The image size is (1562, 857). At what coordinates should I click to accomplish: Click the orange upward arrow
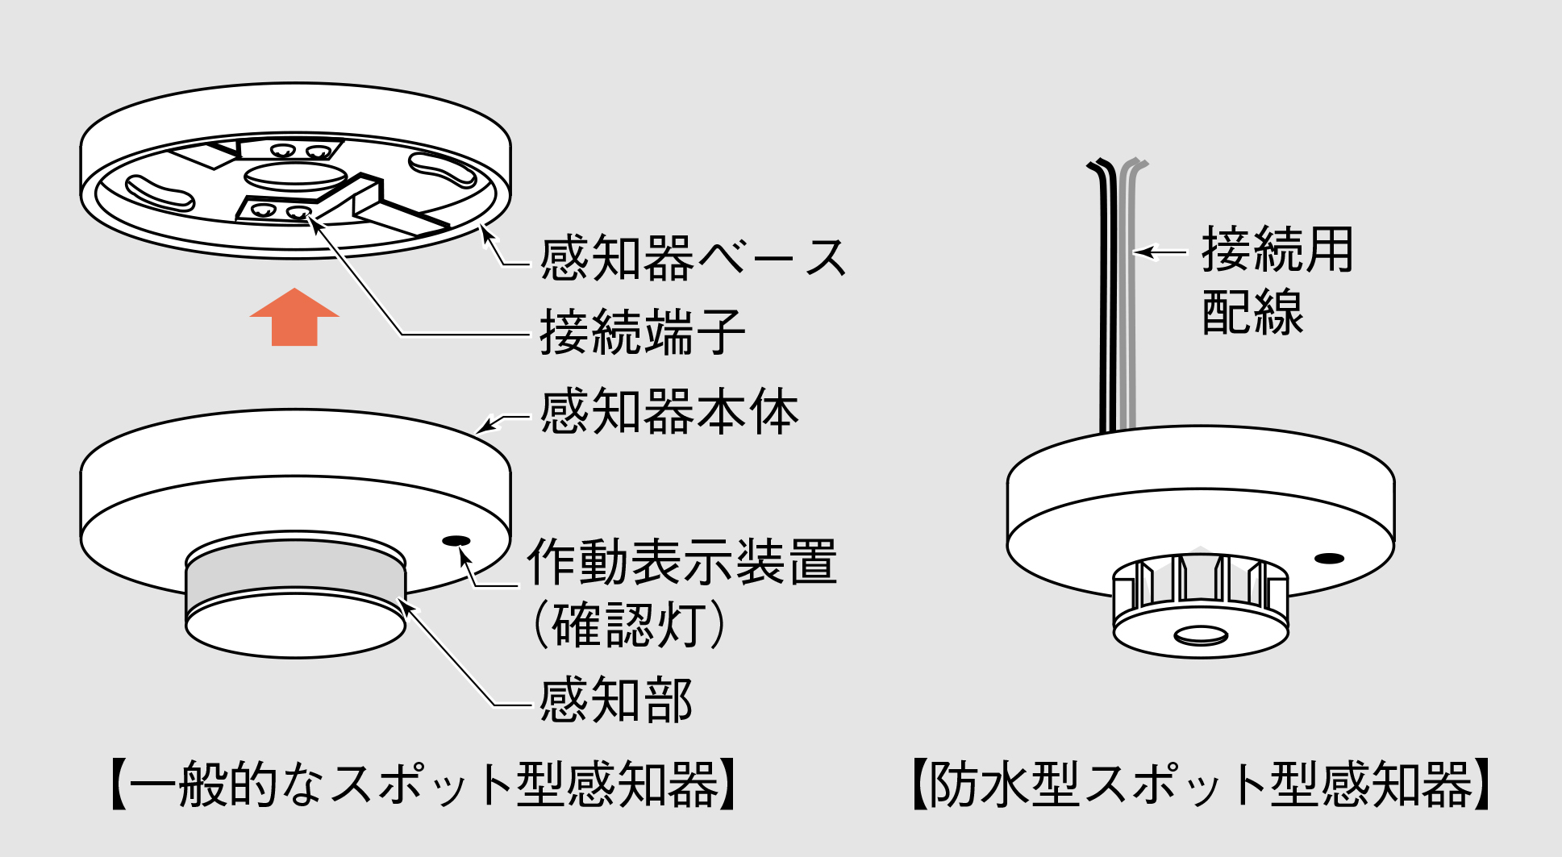(294, 318)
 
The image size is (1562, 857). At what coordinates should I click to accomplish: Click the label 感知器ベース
(692, 259)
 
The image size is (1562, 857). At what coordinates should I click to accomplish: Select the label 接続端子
(641, 332)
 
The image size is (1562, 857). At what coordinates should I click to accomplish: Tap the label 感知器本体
(669, 412)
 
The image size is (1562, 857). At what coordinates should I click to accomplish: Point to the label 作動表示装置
(681, 562)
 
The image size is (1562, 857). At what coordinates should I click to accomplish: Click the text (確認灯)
(629, 624)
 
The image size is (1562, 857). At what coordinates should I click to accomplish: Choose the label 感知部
(615, 700)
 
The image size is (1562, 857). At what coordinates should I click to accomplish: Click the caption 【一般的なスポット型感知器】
(423, 784)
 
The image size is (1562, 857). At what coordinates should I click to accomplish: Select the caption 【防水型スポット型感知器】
(1200, 784)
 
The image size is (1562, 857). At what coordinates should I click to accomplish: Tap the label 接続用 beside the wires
(1277, 250)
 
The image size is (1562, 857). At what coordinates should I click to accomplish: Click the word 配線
(1252, 313)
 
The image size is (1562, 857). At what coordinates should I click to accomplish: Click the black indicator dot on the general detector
(456, 540)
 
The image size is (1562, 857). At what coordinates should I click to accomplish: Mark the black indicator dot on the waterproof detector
(1329, 558)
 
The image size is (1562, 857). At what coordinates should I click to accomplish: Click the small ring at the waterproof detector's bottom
(1201, 636)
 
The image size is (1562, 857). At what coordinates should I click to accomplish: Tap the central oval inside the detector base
(295, 175)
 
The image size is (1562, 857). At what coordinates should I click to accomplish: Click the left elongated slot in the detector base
(160, 192)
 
